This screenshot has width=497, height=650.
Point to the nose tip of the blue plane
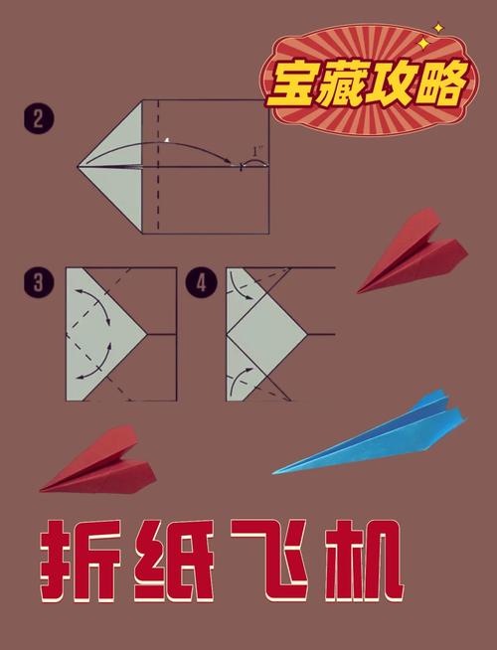coord(274,472)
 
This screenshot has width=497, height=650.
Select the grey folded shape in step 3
coord(99,333)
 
